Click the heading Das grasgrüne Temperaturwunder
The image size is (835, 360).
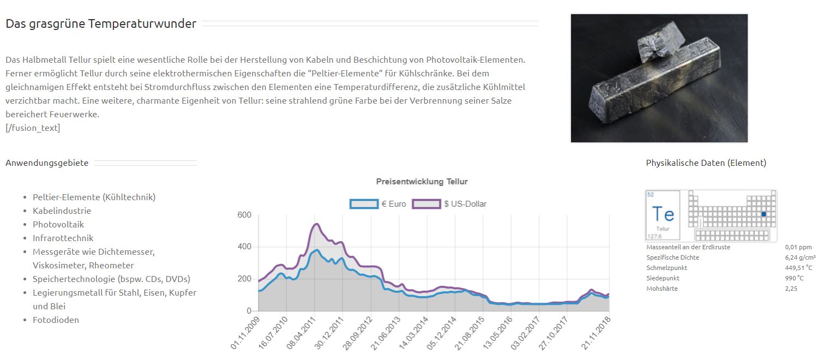(x=101, y=24)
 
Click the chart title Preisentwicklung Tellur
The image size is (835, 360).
(x=422, y=182)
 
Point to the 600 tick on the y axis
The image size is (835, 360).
(x=244, y=215)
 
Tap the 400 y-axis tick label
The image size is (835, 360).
(x=244, y=247)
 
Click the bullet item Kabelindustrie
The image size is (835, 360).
(x=62, y=211)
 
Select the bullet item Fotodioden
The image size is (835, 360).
(x=56, y=320)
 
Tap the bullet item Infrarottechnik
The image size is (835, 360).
(x=63, y=238)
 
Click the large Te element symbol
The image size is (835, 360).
(x=663, y=214)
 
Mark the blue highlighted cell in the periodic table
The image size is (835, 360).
(x=764, y=214)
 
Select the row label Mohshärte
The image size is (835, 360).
(x=662, y=289)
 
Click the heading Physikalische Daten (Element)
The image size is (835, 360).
(x=706, y=163)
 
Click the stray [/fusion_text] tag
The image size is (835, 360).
(x=33, y=128)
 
